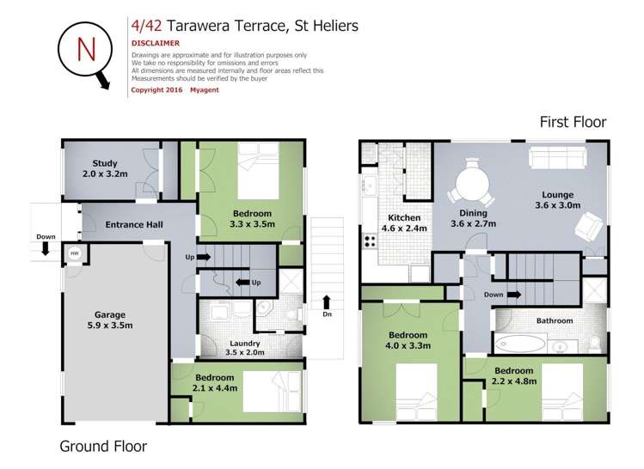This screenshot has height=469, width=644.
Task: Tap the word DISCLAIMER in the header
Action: (156, 42)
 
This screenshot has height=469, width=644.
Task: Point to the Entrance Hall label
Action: (134, 225)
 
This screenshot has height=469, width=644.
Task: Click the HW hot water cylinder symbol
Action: (74, 253)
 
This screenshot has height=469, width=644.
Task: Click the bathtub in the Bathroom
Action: (519, 344)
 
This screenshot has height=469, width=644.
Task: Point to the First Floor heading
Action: (573, 122)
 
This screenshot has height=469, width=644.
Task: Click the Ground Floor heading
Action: (103, 446)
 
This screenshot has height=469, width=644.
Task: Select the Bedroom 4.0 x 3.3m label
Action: (407, 340)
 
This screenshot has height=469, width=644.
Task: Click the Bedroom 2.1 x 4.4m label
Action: (214, 383)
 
